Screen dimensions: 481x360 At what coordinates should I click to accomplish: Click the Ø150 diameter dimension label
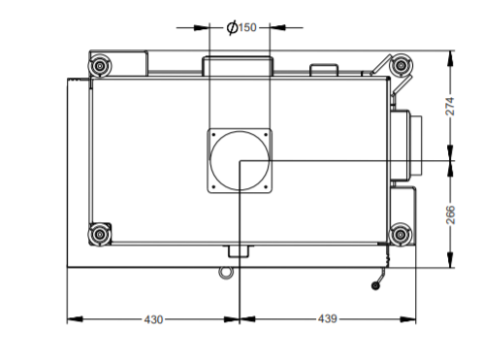pos(241,27)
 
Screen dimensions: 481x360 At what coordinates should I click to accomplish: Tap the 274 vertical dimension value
pos(450,106)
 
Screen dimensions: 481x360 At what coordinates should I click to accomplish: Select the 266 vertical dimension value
pos(450,214)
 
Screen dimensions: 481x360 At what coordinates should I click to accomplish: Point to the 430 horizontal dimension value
pos(153,319)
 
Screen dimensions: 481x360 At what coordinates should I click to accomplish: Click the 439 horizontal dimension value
pos(328,319)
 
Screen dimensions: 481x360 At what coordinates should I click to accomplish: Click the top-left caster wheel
pos(100,66)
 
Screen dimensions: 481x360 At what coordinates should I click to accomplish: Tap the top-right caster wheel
pos(401,65)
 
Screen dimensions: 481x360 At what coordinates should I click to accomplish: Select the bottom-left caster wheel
pos(100,234)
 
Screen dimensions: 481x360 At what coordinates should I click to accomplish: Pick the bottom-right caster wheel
pos(401,234)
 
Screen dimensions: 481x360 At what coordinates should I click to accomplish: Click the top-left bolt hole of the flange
pos(213,135)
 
